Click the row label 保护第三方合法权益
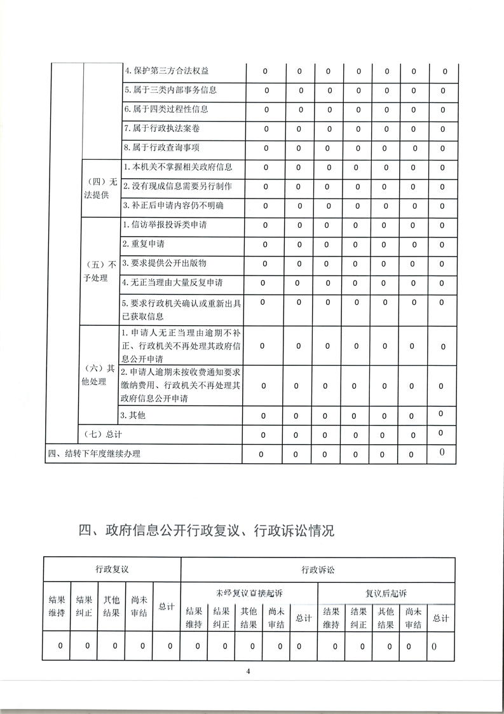(x=166, y=70)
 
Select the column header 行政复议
(x=112, y=569)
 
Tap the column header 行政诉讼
(x=318, y=570)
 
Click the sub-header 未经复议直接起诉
(x=249, y=593)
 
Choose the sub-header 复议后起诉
(x=386, y=593)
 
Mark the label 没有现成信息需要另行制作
(x=177, y=186)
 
